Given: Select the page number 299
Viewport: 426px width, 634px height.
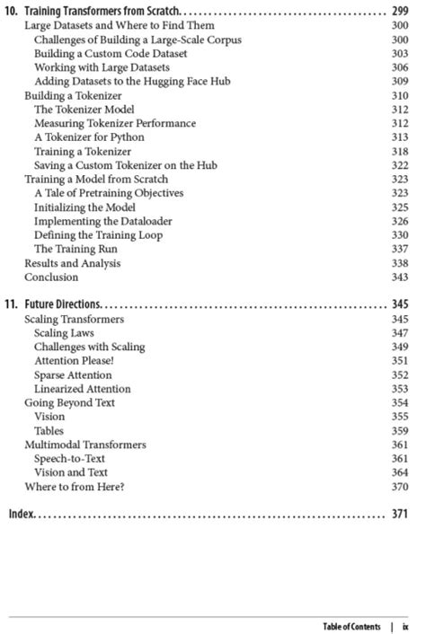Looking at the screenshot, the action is [400, 12].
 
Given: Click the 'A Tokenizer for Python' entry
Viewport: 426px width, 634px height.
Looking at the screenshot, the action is [89, 137].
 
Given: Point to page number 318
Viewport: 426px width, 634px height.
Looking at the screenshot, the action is [400, 152].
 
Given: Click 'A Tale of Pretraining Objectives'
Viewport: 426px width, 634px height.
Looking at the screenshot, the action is [109, 193].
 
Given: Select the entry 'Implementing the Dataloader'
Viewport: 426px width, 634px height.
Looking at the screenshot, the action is [103, 221].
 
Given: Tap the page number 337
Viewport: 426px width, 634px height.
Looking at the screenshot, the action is [400, 249].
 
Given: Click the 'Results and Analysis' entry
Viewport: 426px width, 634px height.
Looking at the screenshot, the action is [72, 263].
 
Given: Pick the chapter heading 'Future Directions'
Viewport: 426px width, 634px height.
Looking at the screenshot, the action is [63, 304].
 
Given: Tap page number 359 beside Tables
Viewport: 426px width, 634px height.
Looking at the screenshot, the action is [400, 431].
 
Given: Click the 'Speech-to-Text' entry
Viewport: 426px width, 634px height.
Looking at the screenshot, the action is [70, 459].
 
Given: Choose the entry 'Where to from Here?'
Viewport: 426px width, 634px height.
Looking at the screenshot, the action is [75, 487].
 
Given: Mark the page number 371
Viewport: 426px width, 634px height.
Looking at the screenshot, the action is [400, 515].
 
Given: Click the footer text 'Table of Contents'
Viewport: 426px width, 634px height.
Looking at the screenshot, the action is [351, 626].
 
